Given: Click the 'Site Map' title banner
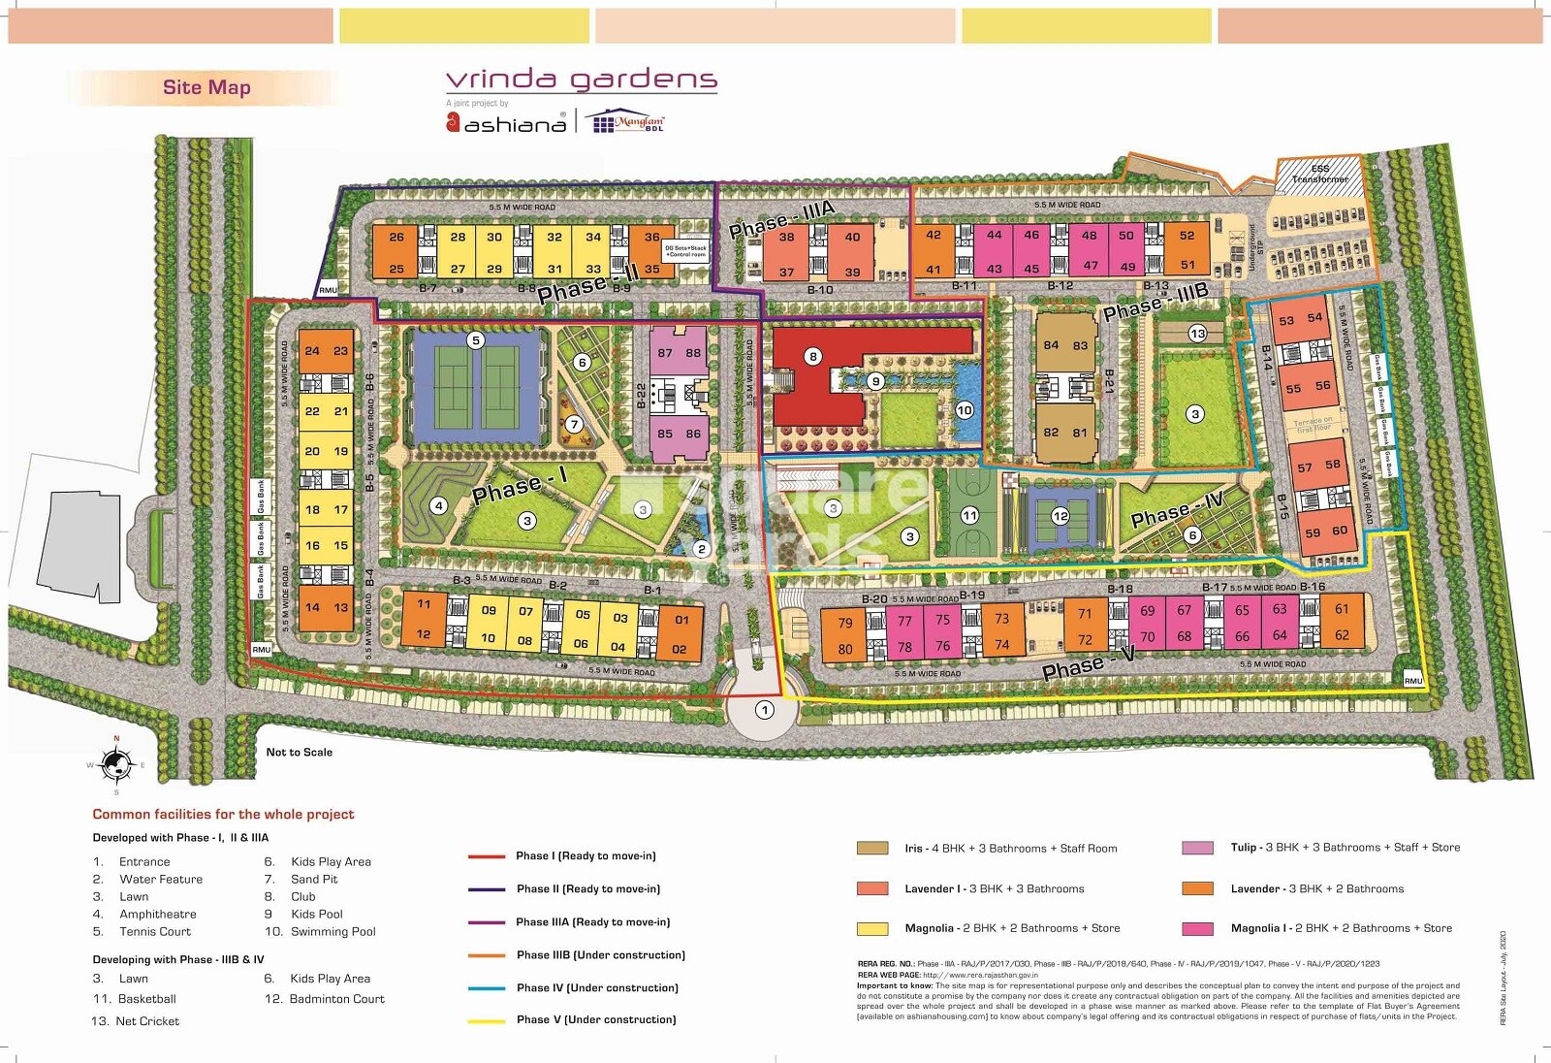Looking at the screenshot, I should (206, 87).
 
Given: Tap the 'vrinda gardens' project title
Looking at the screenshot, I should (581, 80).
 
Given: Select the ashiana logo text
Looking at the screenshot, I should (514, 124).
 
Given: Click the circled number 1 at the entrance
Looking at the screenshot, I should (765, 710).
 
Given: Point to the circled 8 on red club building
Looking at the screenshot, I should (812, 356).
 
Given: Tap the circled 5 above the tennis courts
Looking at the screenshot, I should (475, 340).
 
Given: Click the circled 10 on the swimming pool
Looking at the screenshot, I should (964, 410).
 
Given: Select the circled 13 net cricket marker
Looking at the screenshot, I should (1197, 334).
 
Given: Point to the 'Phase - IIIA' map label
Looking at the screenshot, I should (781, 220).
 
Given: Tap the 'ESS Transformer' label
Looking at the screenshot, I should (1319, 174).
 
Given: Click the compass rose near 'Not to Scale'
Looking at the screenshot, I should (117, 765).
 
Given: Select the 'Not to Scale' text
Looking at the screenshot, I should (299, 752).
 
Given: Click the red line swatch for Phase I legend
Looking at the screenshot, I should (487, 856).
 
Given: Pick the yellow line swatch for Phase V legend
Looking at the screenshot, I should (487, 1020).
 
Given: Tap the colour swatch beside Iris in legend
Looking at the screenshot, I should (872, 848).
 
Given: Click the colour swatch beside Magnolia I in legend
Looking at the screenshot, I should (1197, 928).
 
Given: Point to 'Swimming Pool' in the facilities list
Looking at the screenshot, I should (333, 931).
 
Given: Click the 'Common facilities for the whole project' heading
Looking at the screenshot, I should (223, 814).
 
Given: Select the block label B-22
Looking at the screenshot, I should (641, 396).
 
